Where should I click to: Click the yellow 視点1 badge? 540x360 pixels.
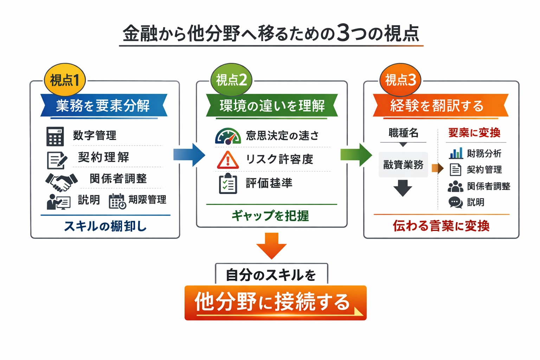[65, 80]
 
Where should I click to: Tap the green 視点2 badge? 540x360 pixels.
[231, 80]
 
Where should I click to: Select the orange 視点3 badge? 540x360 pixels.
[400, 80]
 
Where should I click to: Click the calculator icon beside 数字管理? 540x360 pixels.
[55, 136]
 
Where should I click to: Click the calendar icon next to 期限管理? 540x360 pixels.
[117, 201]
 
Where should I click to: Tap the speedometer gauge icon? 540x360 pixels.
[228, 136]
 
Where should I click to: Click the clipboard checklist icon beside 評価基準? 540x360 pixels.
[228, 184]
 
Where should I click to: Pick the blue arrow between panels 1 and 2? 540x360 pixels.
[189, 155]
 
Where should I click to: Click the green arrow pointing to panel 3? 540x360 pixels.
[355, 155]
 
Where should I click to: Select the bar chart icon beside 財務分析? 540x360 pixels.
[456, 153]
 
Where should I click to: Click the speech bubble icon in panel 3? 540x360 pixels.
[456, 202]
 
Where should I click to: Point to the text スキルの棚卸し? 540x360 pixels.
[105, 226]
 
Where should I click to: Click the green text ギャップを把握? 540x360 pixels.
[270, 216]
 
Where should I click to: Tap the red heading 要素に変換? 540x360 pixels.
[474, 133]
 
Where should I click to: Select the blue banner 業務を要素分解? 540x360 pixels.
[103, 105]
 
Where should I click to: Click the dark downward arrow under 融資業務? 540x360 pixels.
[403, 188]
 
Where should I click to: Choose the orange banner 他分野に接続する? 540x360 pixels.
[275, 303]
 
